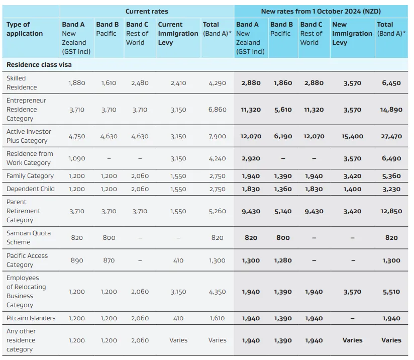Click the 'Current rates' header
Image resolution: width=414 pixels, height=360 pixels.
tap(147, 12)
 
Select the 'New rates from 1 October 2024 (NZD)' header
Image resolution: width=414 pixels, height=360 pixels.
tap(321, 12)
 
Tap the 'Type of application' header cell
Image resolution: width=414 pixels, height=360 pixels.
tap(25, 29)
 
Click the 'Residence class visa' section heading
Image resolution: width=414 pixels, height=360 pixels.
tap(39, 65)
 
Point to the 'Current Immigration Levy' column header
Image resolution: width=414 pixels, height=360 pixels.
tap(178, 33)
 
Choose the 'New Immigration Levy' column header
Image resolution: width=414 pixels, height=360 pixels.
tap(352, 33)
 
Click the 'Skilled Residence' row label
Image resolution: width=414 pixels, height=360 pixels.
tap(22, 83)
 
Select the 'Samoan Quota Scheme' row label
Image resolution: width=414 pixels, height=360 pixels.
tap(29, 238)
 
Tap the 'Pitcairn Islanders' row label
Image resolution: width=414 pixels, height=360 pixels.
tap(31, 318)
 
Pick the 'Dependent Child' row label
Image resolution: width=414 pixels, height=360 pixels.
tap(31, 189)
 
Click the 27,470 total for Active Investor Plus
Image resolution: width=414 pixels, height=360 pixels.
tap(391, 137)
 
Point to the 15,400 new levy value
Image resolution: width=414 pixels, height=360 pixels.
tap(352, 137)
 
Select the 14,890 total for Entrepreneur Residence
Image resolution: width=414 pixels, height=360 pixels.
tap(391, 110)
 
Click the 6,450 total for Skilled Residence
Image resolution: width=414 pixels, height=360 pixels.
tap(391, 83)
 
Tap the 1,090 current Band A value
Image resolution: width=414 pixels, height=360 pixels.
tap(77, 158)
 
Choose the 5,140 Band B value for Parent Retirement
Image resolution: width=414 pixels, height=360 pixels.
tap(283, 212)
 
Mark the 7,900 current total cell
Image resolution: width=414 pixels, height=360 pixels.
tap(217, 137)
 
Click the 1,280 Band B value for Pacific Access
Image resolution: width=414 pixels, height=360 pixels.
tap(283, 260)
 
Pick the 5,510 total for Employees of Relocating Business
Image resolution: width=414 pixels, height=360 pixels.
tap(391, 292)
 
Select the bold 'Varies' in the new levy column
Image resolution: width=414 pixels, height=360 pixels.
tap(353, 340)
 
